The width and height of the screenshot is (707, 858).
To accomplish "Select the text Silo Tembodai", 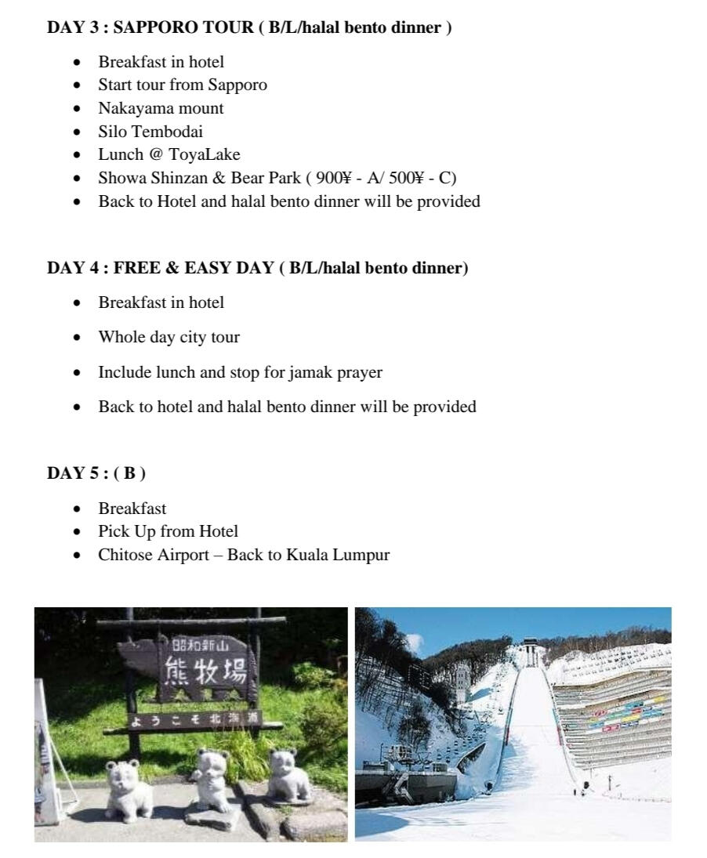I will [150, 132].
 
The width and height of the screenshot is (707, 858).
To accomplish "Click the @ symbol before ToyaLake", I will [156, 155].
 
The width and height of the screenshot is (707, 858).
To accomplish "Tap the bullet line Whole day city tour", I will [169, 338].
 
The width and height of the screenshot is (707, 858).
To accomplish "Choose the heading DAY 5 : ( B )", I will [96, 473].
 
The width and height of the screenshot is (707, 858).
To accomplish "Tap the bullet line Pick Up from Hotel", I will [168, 531].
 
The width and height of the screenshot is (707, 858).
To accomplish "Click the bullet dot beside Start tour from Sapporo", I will [77, 85].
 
